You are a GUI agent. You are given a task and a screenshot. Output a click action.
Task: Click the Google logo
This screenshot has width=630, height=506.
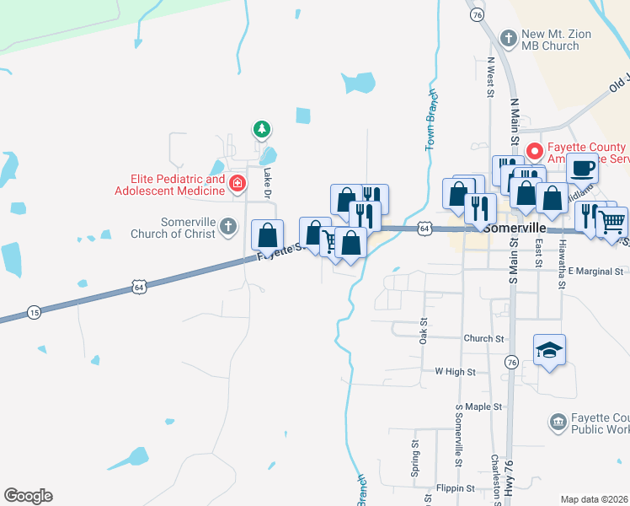[28, 496]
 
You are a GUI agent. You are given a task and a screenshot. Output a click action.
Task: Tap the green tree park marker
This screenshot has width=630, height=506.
[262, 129]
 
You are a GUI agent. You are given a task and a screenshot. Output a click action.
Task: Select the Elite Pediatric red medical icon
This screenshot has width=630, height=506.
[238, 183]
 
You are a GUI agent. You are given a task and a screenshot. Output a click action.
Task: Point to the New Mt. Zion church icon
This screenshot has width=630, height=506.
[508, 38]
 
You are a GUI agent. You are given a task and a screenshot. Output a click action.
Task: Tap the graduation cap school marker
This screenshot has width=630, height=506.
[549, 350]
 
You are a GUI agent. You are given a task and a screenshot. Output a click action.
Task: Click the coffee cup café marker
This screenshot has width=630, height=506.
[582, 168]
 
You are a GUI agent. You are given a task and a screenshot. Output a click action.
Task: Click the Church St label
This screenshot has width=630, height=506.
[483, 338]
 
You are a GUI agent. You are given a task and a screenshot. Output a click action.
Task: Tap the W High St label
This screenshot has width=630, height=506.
[455, 371]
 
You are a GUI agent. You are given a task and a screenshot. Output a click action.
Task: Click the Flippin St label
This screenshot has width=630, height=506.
[456, 488]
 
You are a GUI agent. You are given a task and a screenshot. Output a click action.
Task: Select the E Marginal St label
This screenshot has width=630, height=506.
[595, 272]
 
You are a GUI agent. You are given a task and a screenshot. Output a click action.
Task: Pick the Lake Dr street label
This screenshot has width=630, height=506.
[268, 182]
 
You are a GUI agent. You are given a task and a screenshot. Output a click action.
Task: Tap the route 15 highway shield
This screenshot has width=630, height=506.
[33, 312]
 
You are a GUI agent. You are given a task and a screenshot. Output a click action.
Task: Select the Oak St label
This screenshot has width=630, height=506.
[424, 331]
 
